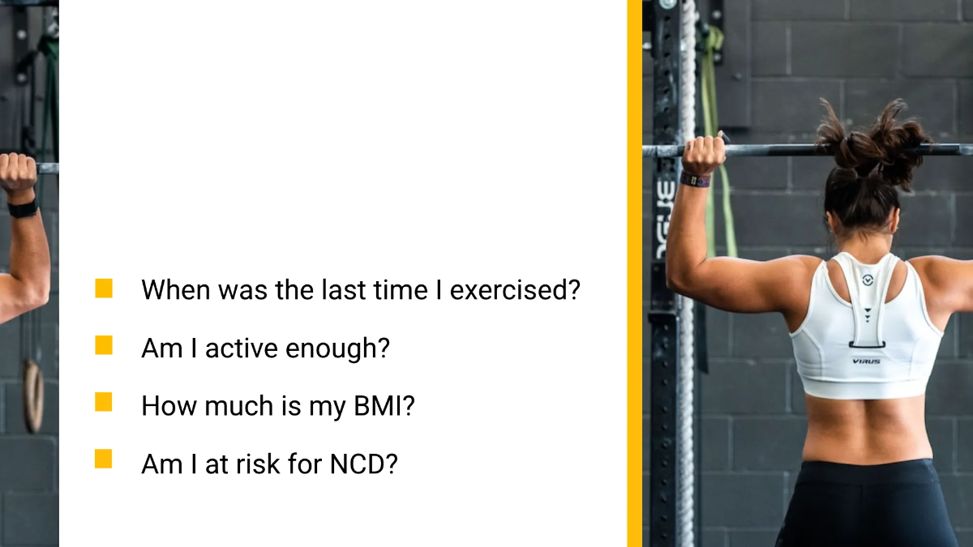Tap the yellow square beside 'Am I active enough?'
click(104, 345)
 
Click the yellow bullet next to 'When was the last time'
click(104, 288)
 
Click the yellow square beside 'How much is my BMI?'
click(104, 402)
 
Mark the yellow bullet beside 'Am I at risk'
click(104, 459)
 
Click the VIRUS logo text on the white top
click(866, 361)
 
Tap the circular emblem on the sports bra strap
click(868, 280)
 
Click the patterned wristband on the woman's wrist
click(695, 179)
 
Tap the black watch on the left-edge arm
click(23, 209)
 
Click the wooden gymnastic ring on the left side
click(33, 396)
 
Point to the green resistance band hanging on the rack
click(716, 143)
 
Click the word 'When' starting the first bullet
click(176, 290)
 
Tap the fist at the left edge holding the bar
click(18, 173)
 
